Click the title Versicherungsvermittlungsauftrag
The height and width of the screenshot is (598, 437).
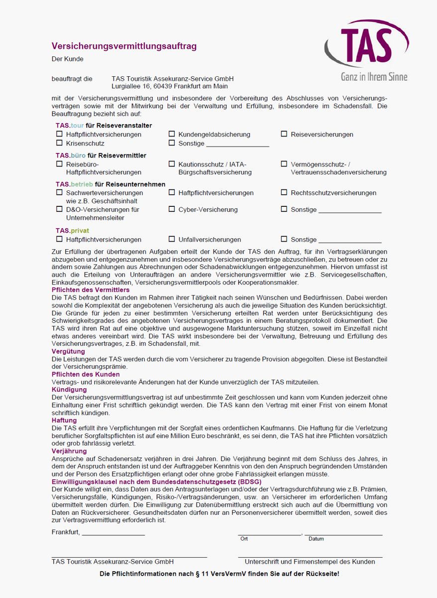(124, 46)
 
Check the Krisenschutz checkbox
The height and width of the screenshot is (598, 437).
(60, 143)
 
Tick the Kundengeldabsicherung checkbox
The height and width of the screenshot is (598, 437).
(172, 134)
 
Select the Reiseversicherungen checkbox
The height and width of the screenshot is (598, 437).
(284, 134)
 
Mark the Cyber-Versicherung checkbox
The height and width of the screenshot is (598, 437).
(172, 209)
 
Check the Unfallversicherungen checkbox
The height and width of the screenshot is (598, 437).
(172, 239)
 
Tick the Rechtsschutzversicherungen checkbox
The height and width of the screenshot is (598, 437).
(284, 192)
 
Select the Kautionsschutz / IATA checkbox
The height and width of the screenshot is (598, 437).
(172, 164)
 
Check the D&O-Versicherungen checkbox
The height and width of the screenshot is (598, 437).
(60, 209)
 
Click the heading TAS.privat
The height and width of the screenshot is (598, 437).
(72, 231)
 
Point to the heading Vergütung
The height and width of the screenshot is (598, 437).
(68, 351)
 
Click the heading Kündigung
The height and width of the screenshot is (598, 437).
(69, 389)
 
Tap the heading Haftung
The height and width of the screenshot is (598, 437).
(64, 420)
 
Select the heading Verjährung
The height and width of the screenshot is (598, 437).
(69, 451)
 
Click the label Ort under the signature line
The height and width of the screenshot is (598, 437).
(244, 539)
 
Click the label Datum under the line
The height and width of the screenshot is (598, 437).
(316, 539)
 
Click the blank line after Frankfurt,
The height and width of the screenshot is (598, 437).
(113, 534)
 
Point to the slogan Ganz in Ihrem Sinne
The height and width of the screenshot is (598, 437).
(374, 77)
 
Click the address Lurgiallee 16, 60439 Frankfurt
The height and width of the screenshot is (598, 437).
(170, 86)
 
